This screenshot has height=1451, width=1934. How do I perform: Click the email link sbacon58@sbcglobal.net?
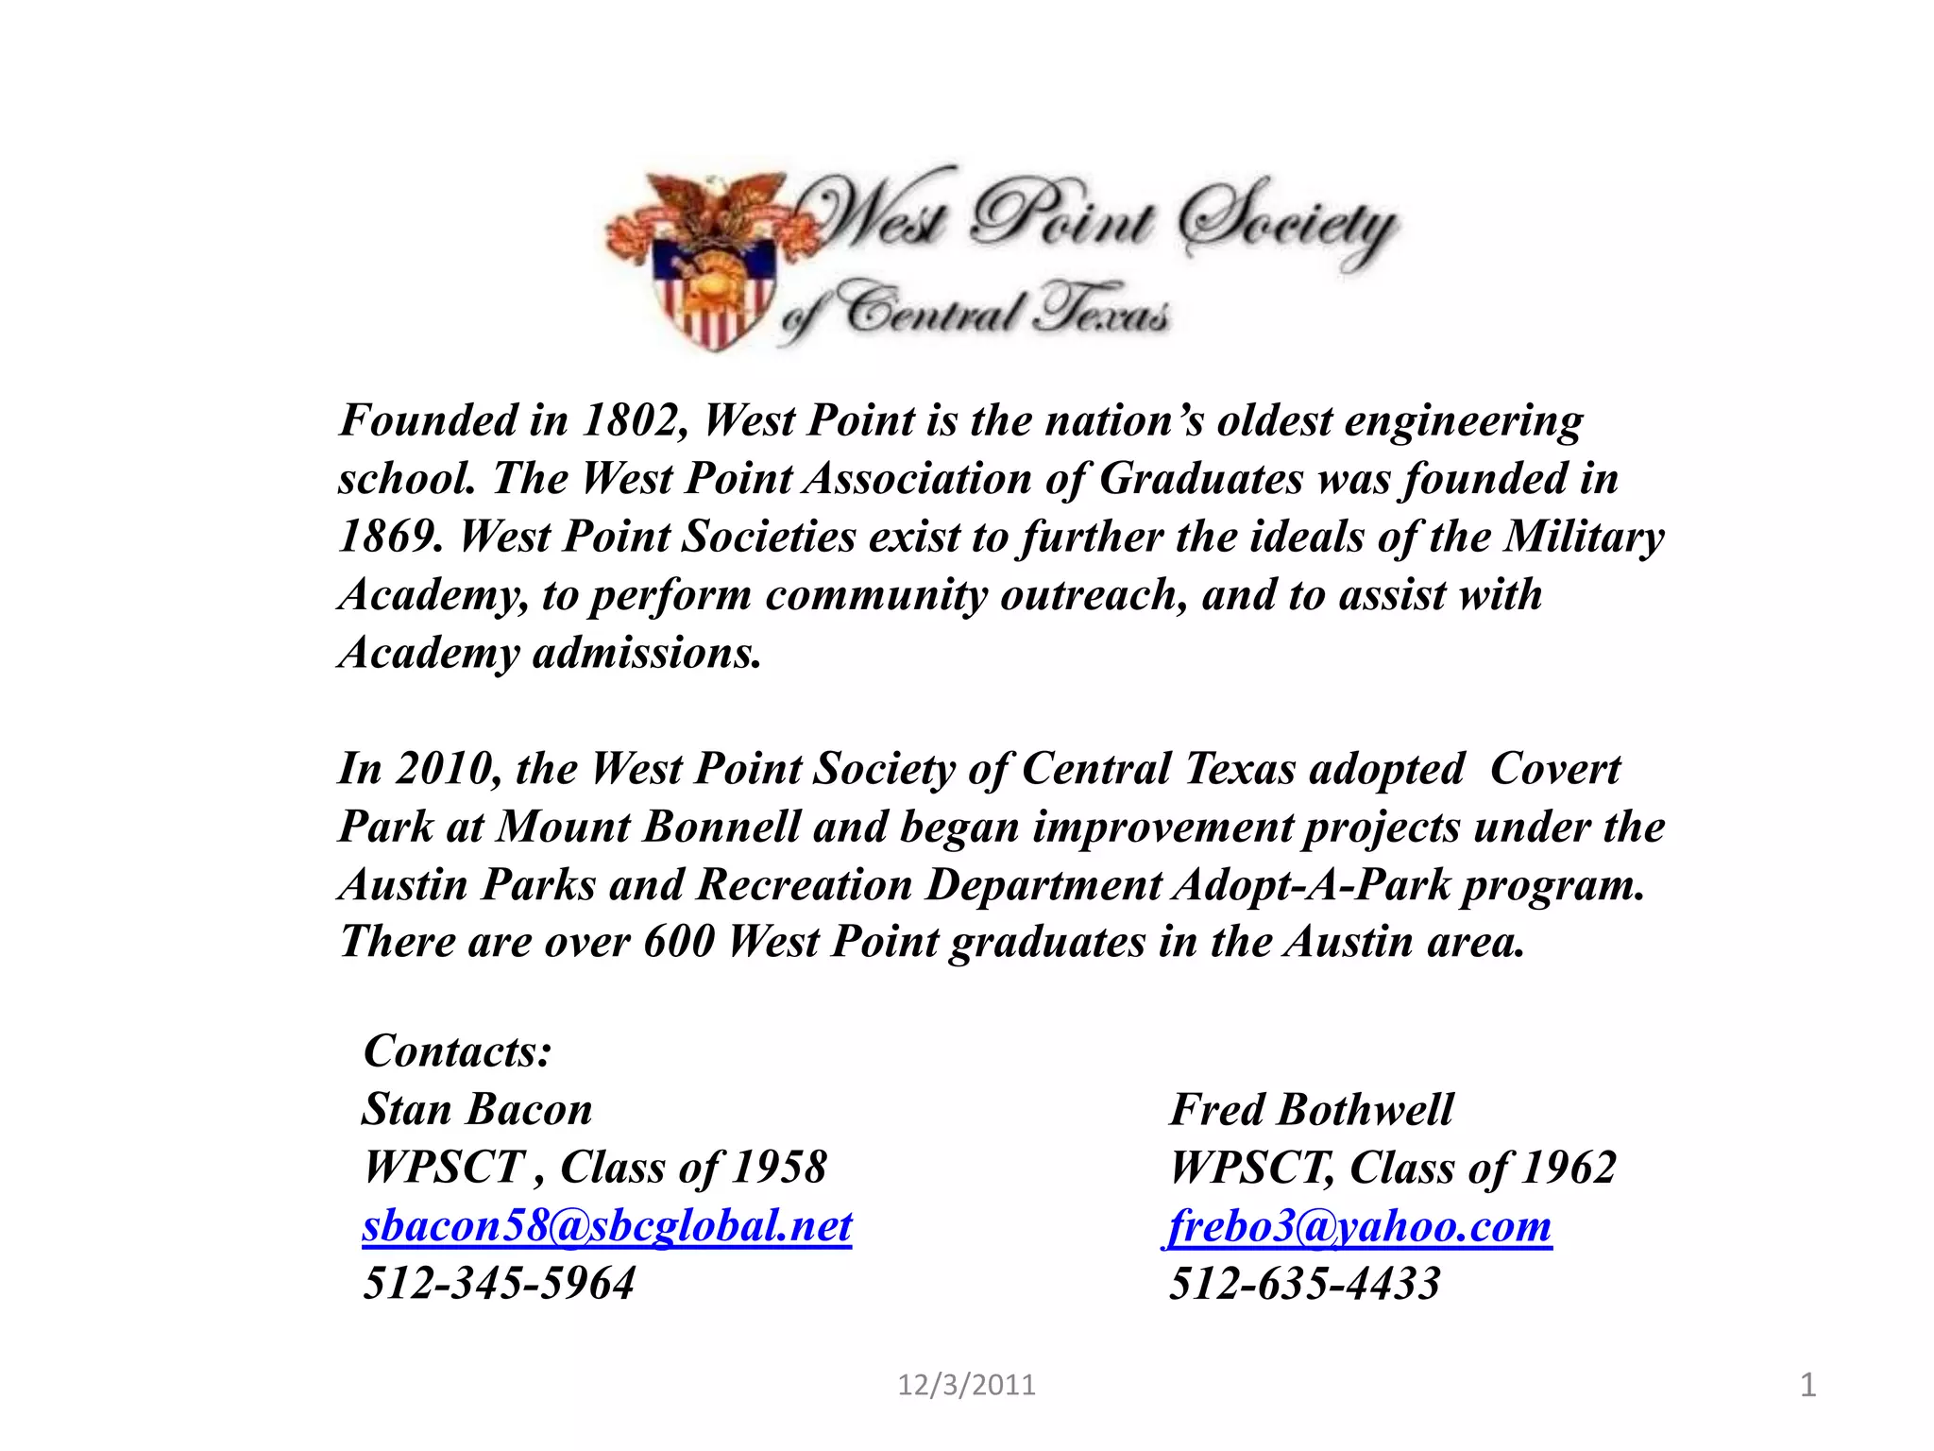click(x=607, y=1226)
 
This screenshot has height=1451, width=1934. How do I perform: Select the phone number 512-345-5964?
click(x=500, y=1284)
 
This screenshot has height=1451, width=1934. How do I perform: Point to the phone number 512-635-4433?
click(x=1305, y=1284)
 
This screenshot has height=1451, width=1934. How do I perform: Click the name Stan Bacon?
click(x=478, y=1110)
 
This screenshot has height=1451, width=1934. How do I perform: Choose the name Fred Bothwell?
click(x=1312, y=1110)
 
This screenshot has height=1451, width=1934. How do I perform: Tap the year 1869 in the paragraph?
click(x=389, y=538)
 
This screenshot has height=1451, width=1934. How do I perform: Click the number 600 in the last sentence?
click(x=679, y=942)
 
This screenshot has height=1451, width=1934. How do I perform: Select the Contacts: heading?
click(x=458, y=1051)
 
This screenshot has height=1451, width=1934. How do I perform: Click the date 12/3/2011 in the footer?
click(x=966, y=1386)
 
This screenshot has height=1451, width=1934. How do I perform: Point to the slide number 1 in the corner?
click(x=1807, y=1386)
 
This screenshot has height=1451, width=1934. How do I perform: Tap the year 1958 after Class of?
click(x=780, y=1168)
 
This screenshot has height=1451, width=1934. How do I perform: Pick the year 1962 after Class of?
click(x=1569, y=1168)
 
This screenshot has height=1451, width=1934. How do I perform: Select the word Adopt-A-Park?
click(x=1312, y=885)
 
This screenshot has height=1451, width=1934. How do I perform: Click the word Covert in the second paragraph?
click(x=1555, y=769)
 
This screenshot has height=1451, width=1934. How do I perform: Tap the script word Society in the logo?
click(x=1289, y=223)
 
